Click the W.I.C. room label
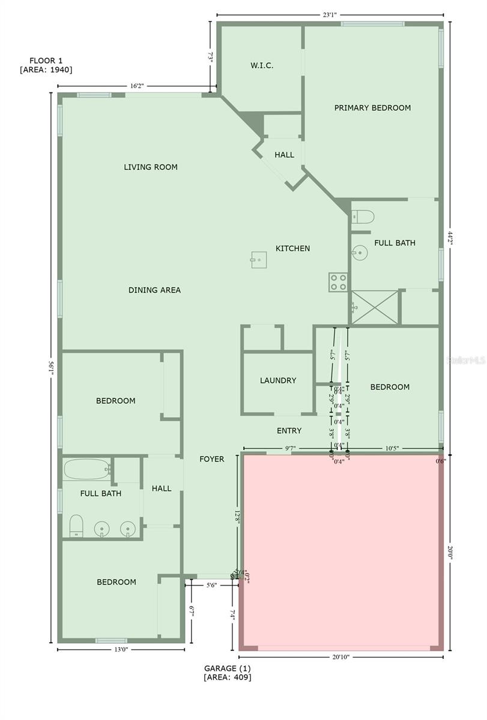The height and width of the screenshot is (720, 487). (262, 65)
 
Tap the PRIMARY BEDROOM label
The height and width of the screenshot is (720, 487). (372, 108)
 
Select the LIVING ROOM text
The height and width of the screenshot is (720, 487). (151, 167)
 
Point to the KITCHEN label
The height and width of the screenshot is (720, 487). (292, 248)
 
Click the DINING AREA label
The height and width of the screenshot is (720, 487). (154, 290)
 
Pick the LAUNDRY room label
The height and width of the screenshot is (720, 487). (278, 380)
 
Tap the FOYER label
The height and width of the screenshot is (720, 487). (212, 459)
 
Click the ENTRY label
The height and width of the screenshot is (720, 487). (289, 431)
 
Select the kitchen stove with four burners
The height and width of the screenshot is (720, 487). (337, 282)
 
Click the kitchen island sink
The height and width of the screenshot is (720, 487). (259, 260)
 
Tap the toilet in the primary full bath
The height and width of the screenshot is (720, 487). (363, 216)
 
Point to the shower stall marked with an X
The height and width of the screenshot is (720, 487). (375, 308)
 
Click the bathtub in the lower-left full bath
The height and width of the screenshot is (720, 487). (87, 469)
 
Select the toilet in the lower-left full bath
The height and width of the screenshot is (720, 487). (76, 526)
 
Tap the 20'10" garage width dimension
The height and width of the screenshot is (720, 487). (340, 657)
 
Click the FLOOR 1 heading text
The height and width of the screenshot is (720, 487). (46, 61)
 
